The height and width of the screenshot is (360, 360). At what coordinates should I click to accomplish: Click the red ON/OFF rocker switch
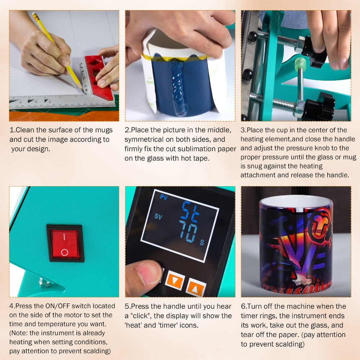(x=65, y=243)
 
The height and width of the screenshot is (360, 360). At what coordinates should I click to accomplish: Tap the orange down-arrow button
(x=175, y=280)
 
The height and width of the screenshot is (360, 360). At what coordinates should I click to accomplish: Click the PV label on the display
(x=164, y=197)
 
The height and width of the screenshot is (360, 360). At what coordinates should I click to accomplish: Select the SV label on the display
(x=158, y=216)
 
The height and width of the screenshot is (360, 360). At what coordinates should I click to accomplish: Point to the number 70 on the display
(x=188, y=232)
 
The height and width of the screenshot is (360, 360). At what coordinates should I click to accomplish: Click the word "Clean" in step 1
(x=25, y=130)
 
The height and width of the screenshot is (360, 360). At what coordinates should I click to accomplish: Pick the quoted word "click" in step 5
(x=141, y=316)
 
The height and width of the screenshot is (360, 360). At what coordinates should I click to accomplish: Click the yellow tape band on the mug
(x=175, y=58)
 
